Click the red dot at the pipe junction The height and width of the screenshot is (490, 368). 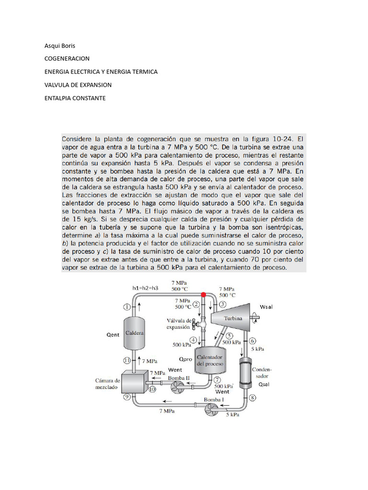click(x=203, y=295)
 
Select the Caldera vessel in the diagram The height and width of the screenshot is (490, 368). click(x=135, y=332)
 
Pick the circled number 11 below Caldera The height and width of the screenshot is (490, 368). click(x=127, y=360)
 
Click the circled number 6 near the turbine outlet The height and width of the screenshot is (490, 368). click(x=252, y=341)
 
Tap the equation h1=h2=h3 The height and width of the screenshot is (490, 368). click(x=146, y=288)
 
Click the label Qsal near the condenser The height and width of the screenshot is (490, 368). click(x=264, y=384)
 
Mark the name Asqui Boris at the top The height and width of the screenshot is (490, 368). click(x=59, y=46)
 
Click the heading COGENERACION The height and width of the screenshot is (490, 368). click(x=67, y=59)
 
